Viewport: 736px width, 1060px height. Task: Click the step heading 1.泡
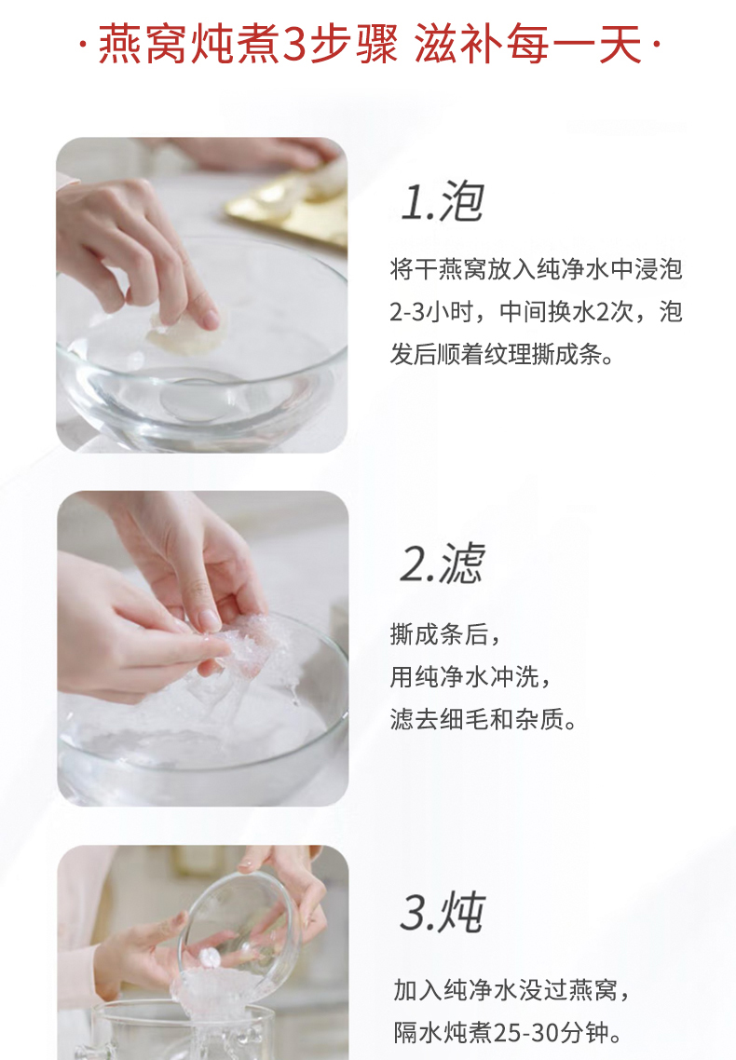(x=442, y=201)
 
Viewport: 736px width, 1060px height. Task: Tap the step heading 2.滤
(x=442, y=563)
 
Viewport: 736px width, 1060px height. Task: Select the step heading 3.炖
(x=442, y=912)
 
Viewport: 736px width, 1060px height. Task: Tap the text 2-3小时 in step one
(x=429, y=312)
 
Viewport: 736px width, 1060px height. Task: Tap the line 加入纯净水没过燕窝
(x=506, y=990)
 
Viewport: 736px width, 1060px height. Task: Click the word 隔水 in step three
(x=418, y=1033)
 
